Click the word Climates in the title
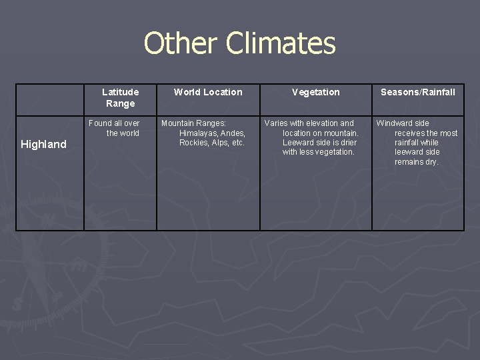click(x=280, y=43)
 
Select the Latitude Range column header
click(x=120, y=97)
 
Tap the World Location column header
click(x=208, y=92)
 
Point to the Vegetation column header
click(x=316, y=92)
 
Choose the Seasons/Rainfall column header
click(x=418, y=92)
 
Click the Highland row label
click(x=44, y=144)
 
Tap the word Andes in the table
click(x=233, y=133)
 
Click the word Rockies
click(x=193, y=143)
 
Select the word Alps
click(x=220, y=143)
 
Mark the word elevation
click(x=322, y=123)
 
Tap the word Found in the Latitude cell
click(x=101, y=123)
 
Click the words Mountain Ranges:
click(x=193, y=123)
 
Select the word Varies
click(x=275, y=123)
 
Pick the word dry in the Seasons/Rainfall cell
click(x=431, y=162)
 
